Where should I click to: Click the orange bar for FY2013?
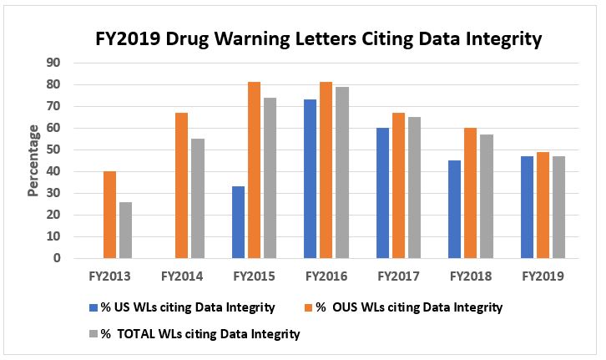pyautogui.click(x=110, y=215)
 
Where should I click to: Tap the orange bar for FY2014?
pyautogui.click(x=181, y=185)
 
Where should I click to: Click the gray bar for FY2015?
pyautogui.click(x=269, y=178)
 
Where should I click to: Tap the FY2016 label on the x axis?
pyautogui.click(x=326, y=275)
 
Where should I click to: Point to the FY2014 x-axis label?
pyautogui.click(x=182, y=275)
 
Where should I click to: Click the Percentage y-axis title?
pyautogui.click(x=33, y=160)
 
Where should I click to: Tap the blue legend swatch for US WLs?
pyautogui.click(x=92, y=307)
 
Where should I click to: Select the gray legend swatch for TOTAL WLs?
pyautogui.click(x=92, y=334)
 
